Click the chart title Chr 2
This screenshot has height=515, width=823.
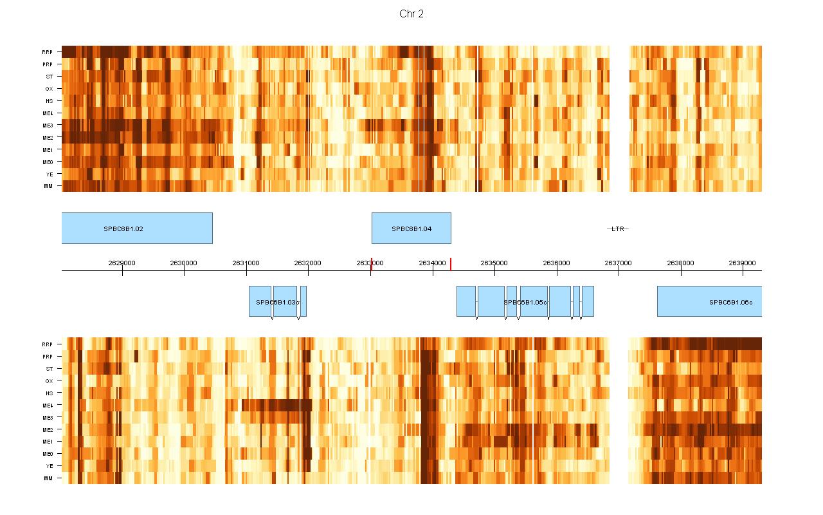coord(411,14)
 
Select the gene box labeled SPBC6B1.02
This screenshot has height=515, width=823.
coord(137,229)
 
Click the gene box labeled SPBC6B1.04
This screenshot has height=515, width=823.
coord(411,229)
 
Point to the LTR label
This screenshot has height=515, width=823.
coord(618,229)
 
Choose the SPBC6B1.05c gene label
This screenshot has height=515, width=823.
coord(525,302)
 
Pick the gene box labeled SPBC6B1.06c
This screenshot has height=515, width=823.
coord(709,301)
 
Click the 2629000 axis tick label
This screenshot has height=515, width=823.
coord(122,263)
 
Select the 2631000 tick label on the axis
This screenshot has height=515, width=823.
coord(246,263)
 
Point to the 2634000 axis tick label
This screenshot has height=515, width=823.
coord(433,263)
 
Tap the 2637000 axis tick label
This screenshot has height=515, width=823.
coord(619,263)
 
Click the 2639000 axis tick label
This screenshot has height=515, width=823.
coord(743,263)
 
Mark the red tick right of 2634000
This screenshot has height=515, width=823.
coord(451,264)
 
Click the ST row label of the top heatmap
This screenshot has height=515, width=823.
coord(50,77)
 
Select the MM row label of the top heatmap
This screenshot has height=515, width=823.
coord(49,186)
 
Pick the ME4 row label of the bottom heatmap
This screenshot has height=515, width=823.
coord(48,405)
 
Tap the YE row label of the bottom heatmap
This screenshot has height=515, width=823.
coord(50,466)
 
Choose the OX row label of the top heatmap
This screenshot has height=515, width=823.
coord(50,89)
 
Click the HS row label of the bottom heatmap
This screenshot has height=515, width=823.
coord(50,393)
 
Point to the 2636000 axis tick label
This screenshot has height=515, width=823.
coord(557,263)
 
